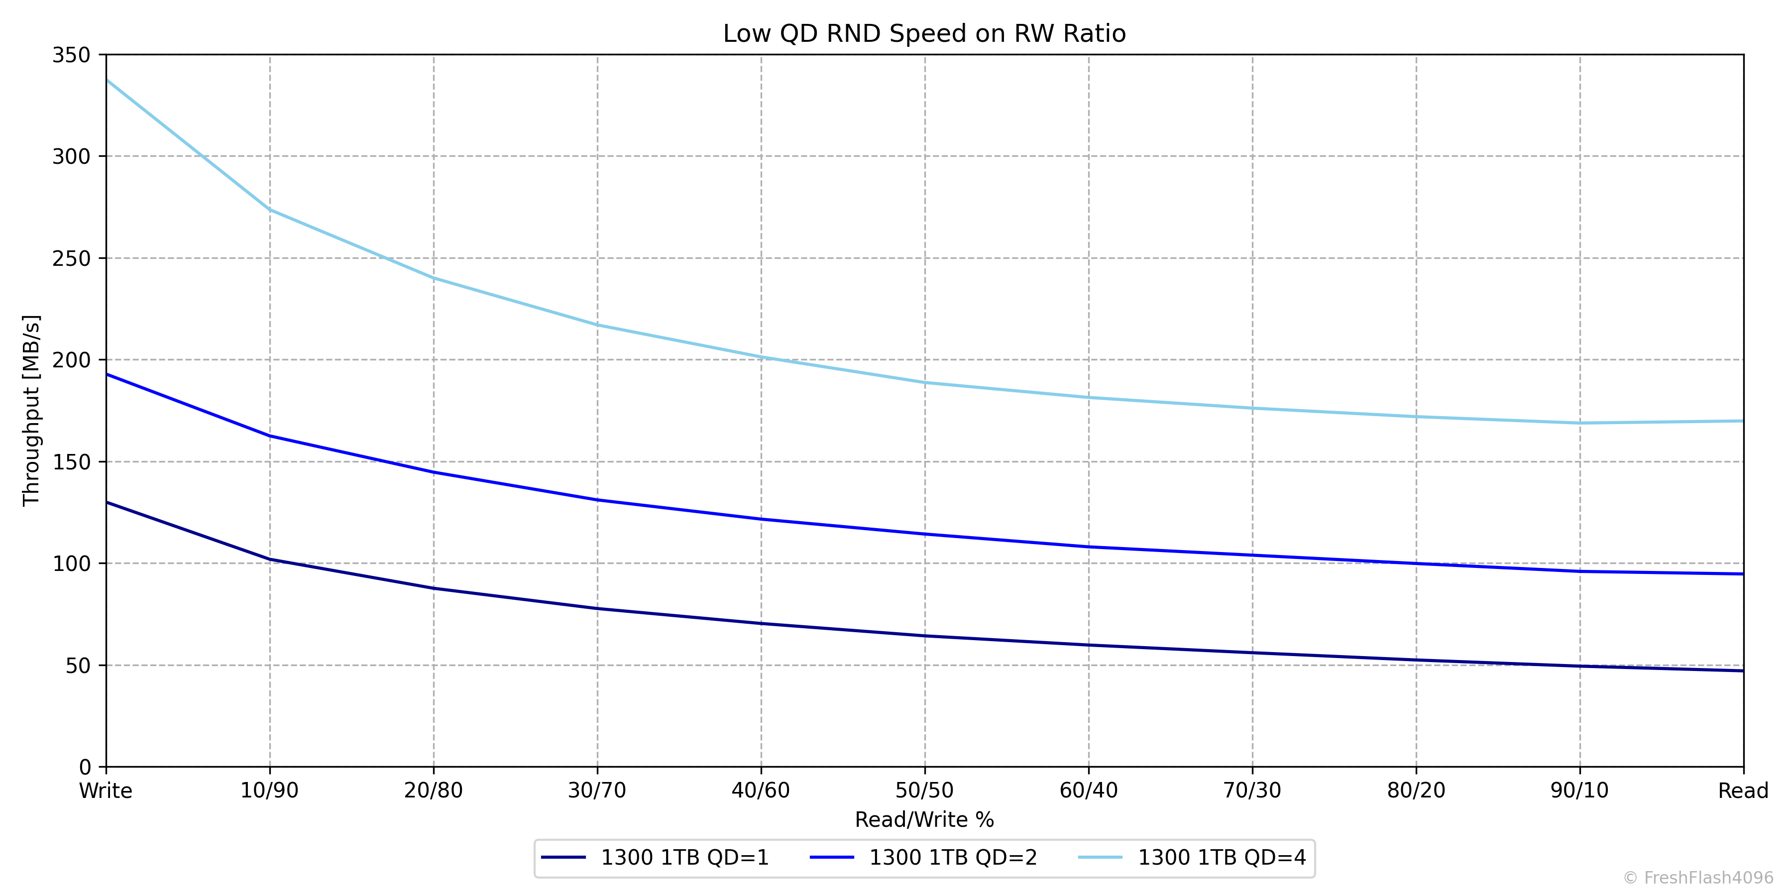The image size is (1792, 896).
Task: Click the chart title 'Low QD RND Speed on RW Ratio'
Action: click(x=924, y=33)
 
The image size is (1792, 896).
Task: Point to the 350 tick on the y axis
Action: click(x=71, y=55)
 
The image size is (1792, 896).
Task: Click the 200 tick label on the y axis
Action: click(x=71, y=360)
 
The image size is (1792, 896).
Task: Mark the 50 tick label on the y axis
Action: click(x=78, y=666)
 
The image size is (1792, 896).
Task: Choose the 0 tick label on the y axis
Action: click(x=85, y=767)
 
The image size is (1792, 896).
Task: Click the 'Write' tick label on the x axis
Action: click(x=106, y=791)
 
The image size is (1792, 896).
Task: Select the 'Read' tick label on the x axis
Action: click(x=1743, y=791)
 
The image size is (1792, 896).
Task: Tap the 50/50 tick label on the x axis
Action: click(x=924, y=791)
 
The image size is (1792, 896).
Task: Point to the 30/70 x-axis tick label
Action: click(x=597, y=791)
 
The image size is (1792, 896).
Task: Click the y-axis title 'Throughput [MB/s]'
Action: click(x=32, y=411)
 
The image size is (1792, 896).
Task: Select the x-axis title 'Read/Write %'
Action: click(x=924, y=819)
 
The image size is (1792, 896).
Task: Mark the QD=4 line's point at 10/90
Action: click(x=270, y=210)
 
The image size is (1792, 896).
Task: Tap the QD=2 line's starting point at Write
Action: click(x=107, y=374)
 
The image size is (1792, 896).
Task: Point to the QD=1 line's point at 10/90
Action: click(x=270, y=560)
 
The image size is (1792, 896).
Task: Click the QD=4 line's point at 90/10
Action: click(x=1580, y=423)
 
